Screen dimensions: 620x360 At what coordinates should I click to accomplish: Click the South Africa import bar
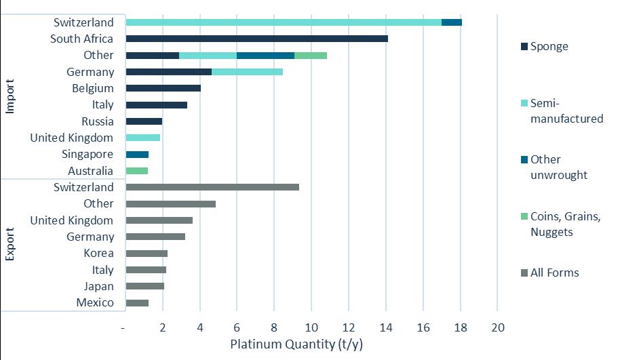coord(256,39)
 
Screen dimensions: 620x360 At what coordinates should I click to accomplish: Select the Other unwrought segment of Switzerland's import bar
coord(452,22)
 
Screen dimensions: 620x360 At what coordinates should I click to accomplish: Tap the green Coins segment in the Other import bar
coord(311,56)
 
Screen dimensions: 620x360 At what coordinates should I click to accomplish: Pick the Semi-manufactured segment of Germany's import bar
coord(247,72)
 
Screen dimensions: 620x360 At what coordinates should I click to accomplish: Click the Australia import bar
coord(137,171)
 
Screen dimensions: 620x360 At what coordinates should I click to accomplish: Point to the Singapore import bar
coord(137,155)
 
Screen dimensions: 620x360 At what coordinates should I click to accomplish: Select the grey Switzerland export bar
coord(212,187)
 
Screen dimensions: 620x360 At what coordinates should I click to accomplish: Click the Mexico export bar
coord(137,303)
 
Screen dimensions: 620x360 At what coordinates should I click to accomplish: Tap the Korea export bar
coord(147,254)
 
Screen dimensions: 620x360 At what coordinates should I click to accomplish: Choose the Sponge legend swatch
coord(524,47)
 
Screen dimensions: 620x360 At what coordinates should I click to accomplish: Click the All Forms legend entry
coord(550,273)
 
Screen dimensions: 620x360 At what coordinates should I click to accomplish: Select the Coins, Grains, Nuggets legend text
coord(566,224)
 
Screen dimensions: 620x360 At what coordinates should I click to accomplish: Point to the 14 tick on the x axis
coord(386,327)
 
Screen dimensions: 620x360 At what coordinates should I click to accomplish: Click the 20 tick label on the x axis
coord(498,327)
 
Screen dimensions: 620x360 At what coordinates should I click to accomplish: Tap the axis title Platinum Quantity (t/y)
coord(296,344)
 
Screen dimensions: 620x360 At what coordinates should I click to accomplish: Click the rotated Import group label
coord(10,96)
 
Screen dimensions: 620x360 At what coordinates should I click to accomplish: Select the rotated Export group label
coord(10,244)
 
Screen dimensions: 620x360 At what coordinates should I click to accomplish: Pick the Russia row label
coord(98,121)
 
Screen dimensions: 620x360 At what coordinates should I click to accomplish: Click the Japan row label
coord(98,287)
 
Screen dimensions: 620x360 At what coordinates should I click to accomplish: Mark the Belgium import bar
coord(163,88)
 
